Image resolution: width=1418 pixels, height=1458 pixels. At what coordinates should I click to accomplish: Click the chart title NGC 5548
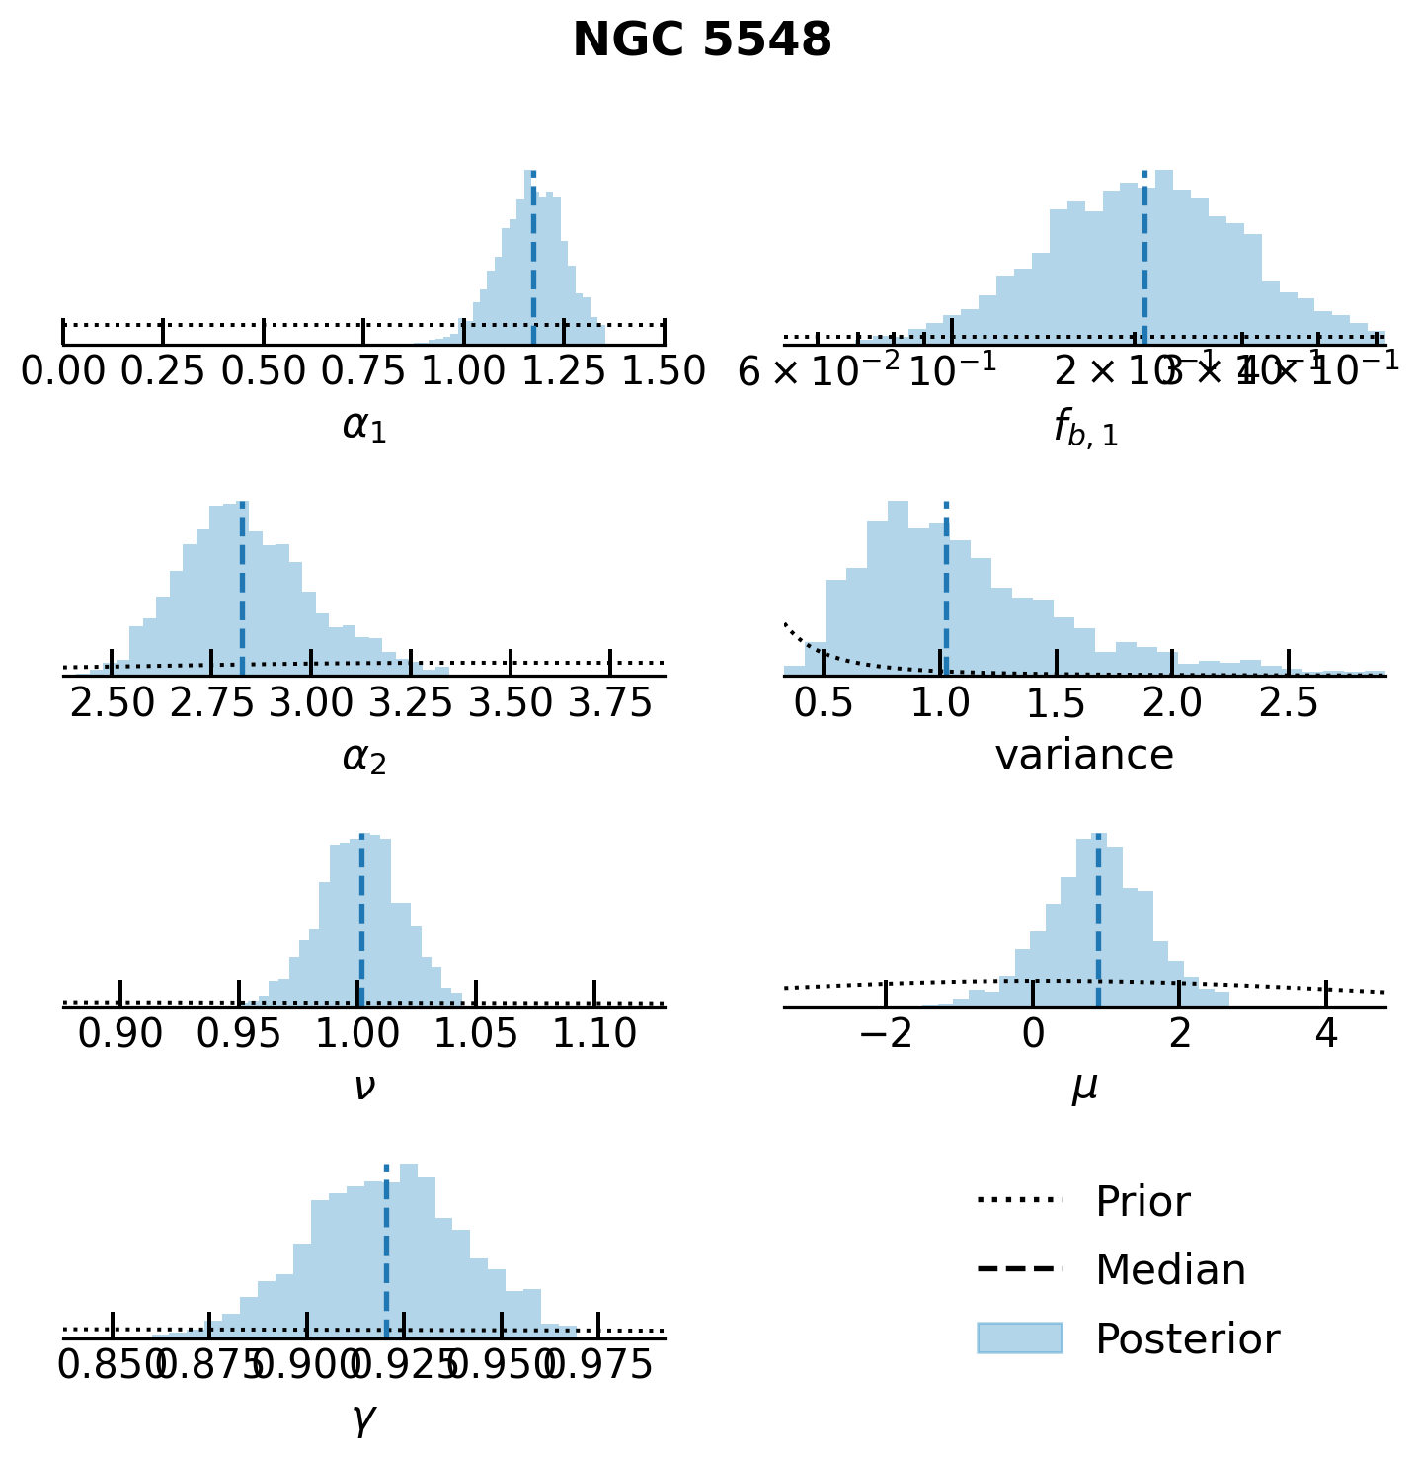702,41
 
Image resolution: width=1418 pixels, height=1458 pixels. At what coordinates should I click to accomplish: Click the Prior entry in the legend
1142,1202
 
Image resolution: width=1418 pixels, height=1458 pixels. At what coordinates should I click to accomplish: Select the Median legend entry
1170,1270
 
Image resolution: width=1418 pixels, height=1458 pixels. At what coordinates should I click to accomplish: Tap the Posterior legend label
1187,1339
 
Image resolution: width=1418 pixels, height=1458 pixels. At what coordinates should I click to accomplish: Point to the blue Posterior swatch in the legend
1019,1338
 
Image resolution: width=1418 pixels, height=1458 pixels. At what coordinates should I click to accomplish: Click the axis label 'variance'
1084,755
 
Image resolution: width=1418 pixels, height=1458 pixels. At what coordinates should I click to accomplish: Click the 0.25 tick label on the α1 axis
163,372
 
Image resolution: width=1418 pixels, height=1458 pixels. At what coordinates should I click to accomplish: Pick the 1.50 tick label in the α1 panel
664,372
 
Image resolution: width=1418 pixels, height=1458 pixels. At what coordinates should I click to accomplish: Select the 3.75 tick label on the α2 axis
610,703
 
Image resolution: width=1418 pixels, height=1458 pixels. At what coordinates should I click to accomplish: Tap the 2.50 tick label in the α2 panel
112,703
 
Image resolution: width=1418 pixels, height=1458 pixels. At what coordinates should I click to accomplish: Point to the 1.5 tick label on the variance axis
1057,703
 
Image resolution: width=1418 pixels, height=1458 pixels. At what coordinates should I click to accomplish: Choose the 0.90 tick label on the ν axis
120,1034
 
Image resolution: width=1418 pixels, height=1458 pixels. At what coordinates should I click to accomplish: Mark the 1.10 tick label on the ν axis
594,1034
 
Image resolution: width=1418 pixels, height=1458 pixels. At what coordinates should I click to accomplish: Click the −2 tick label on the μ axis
886,1034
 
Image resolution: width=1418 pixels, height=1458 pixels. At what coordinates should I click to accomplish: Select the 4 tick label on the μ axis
1327,1034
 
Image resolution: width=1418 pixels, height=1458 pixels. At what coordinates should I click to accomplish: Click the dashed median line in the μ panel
1098,919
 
